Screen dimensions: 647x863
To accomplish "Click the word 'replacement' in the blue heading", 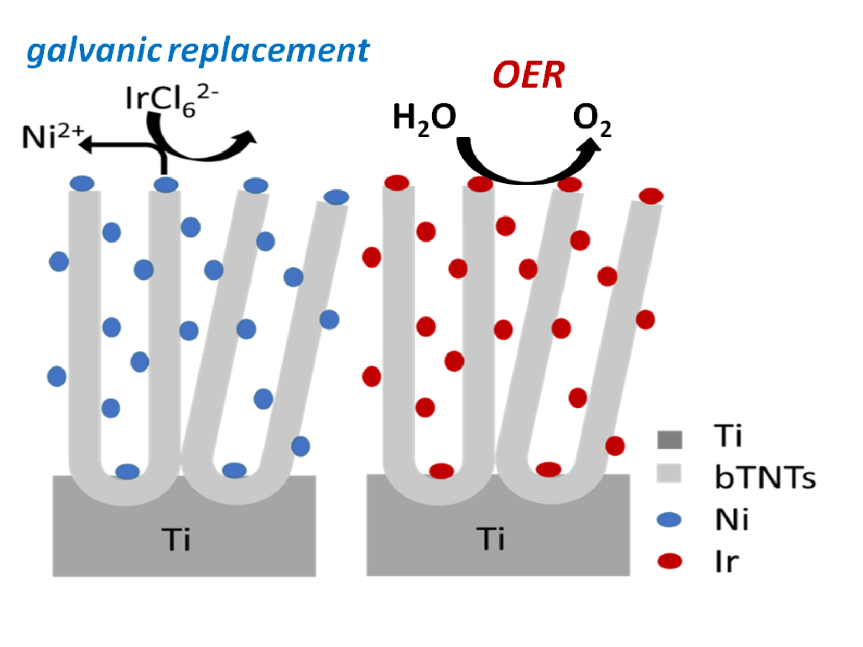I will [x=269, y=51].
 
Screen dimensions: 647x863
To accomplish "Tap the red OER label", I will [x=528, y=75].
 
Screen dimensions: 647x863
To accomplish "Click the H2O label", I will [x=424, y=118].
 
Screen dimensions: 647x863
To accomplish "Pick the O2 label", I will [x=592, y=120].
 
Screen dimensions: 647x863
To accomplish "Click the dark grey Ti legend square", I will [x=669, y=440].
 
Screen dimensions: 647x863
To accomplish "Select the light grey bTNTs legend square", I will [x=669, y=473].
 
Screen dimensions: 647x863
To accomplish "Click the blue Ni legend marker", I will [x=669, y=519].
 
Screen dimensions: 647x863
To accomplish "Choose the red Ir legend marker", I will [x=670, y=561].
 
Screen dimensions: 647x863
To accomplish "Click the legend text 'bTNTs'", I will [x=765, y=477].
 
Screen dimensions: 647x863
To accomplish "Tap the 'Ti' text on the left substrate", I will [x=176, y=539].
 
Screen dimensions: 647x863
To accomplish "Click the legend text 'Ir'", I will [x=726, y=562].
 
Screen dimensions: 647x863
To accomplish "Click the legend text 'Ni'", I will [x=732, y=519].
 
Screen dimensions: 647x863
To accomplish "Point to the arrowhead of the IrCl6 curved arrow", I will [x=247, y=137].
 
